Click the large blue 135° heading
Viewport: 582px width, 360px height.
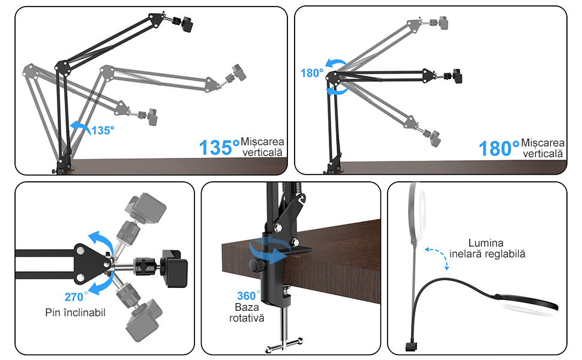[219, 148]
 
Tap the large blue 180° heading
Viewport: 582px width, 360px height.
[499, 148]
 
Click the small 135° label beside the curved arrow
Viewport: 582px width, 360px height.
[103, 130]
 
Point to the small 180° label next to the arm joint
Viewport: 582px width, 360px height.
[312, 73]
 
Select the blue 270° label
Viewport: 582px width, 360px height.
[76, 296]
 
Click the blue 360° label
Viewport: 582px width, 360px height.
[248, 295]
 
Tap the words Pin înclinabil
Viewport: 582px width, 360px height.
[76, 313]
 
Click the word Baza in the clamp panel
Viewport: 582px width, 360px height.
[247, 307]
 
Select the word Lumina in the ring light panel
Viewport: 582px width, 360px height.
[486, 243]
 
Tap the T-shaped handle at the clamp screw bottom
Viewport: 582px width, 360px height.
[284, 345]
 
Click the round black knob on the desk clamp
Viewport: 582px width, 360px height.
[255, 265]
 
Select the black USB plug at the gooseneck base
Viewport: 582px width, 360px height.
[411, 347]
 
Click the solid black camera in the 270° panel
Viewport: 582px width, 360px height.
[174, 268]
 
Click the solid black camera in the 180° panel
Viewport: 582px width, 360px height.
[457, 76]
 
